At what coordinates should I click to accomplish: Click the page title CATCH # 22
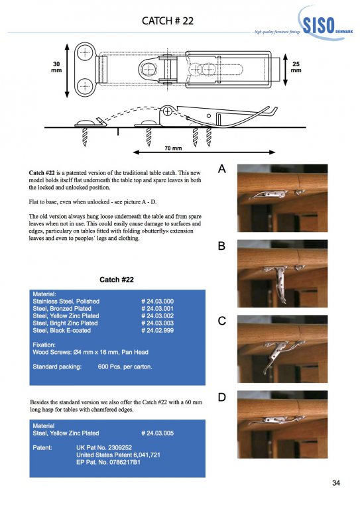[x=168, y=21]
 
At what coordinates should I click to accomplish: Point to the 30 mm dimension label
[x=56, y=67]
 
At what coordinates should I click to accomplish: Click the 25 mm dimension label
[x=296, y=67]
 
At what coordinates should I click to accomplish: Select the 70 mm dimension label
[x=173, y=148]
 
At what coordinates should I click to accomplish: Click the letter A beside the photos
[x=221, y=169]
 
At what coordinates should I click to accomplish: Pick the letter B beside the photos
[x=221, y=246]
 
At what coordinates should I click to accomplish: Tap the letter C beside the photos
[x=221, y=321]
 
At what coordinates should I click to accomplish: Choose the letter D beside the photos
[x=221, y=397]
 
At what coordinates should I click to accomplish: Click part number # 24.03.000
[x=157, y=302]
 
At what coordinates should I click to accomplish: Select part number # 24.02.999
[x=157, y=331]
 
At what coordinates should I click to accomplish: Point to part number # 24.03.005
[x=157, y=433]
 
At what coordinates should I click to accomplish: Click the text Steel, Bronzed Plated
[x=62, y=309]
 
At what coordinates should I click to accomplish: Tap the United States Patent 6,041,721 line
[x=118, y=455]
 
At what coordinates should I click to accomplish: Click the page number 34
[x=336, y=483]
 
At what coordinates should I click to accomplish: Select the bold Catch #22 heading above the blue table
[x=117, y=280]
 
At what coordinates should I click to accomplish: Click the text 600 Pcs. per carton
[x=125, y=367]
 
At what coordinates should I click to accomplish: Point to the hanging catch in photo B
[x=280, y=282]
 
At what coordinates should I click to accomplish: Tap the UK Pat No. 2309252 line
[x=104, y=447]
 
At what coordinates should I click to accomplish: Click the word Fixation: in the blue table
[x=44, y=345]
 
